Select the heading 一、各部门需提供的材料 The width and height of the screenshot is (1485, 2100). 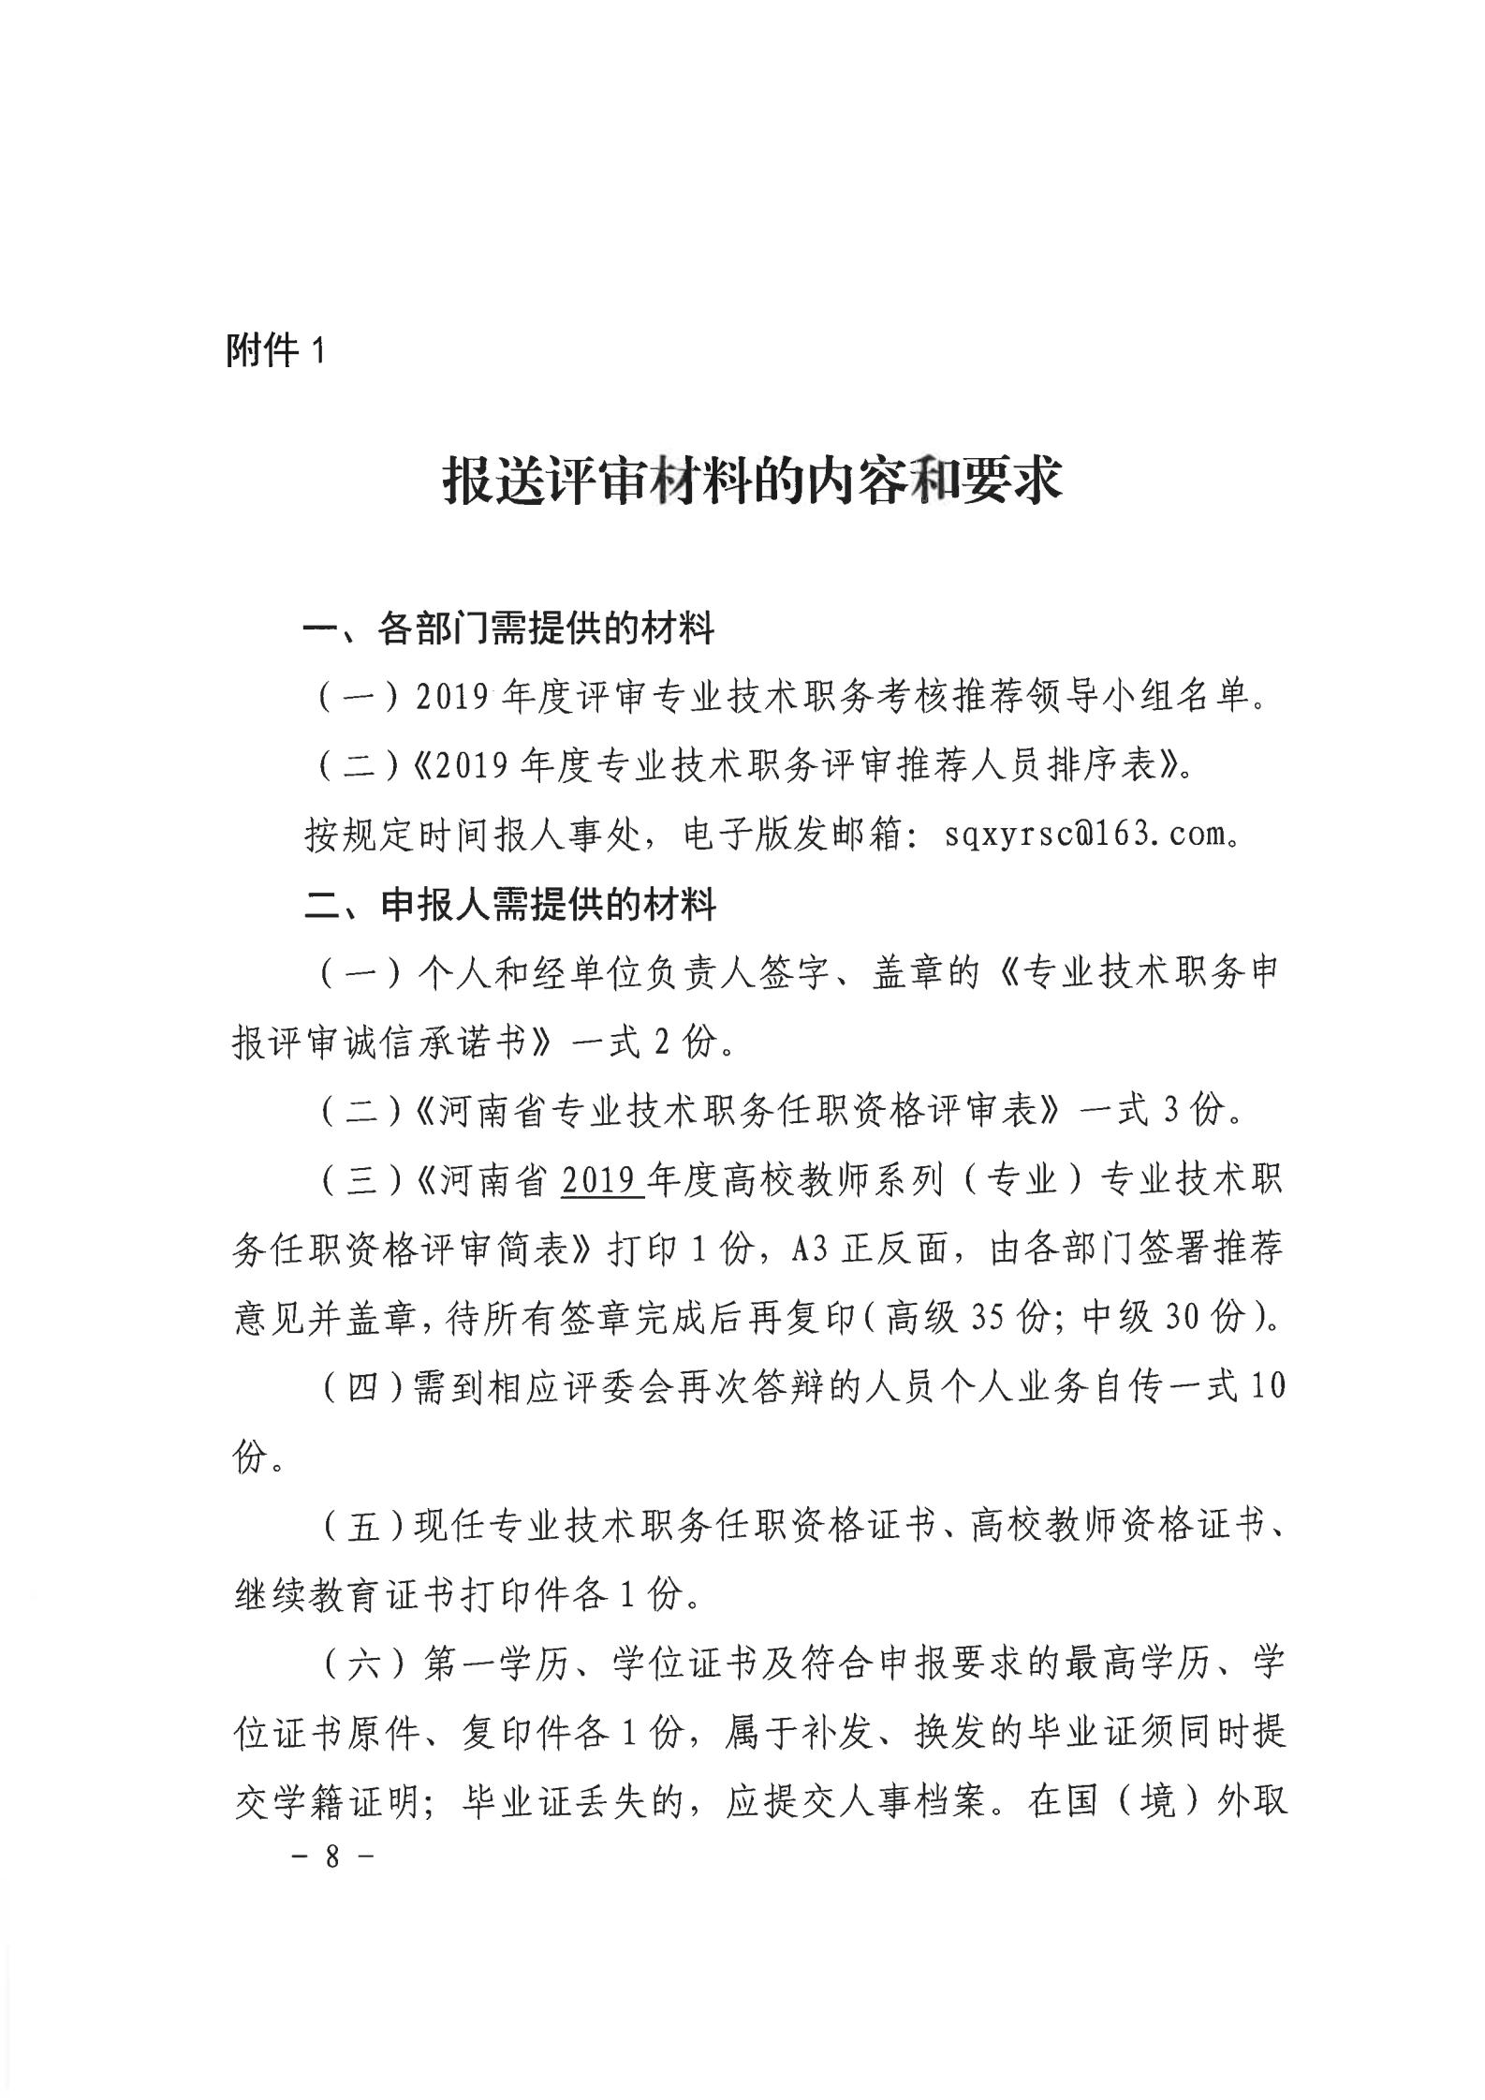pos(508,629)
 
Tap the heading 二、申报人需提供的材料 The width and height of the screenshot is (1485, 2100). pos(510,905)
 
